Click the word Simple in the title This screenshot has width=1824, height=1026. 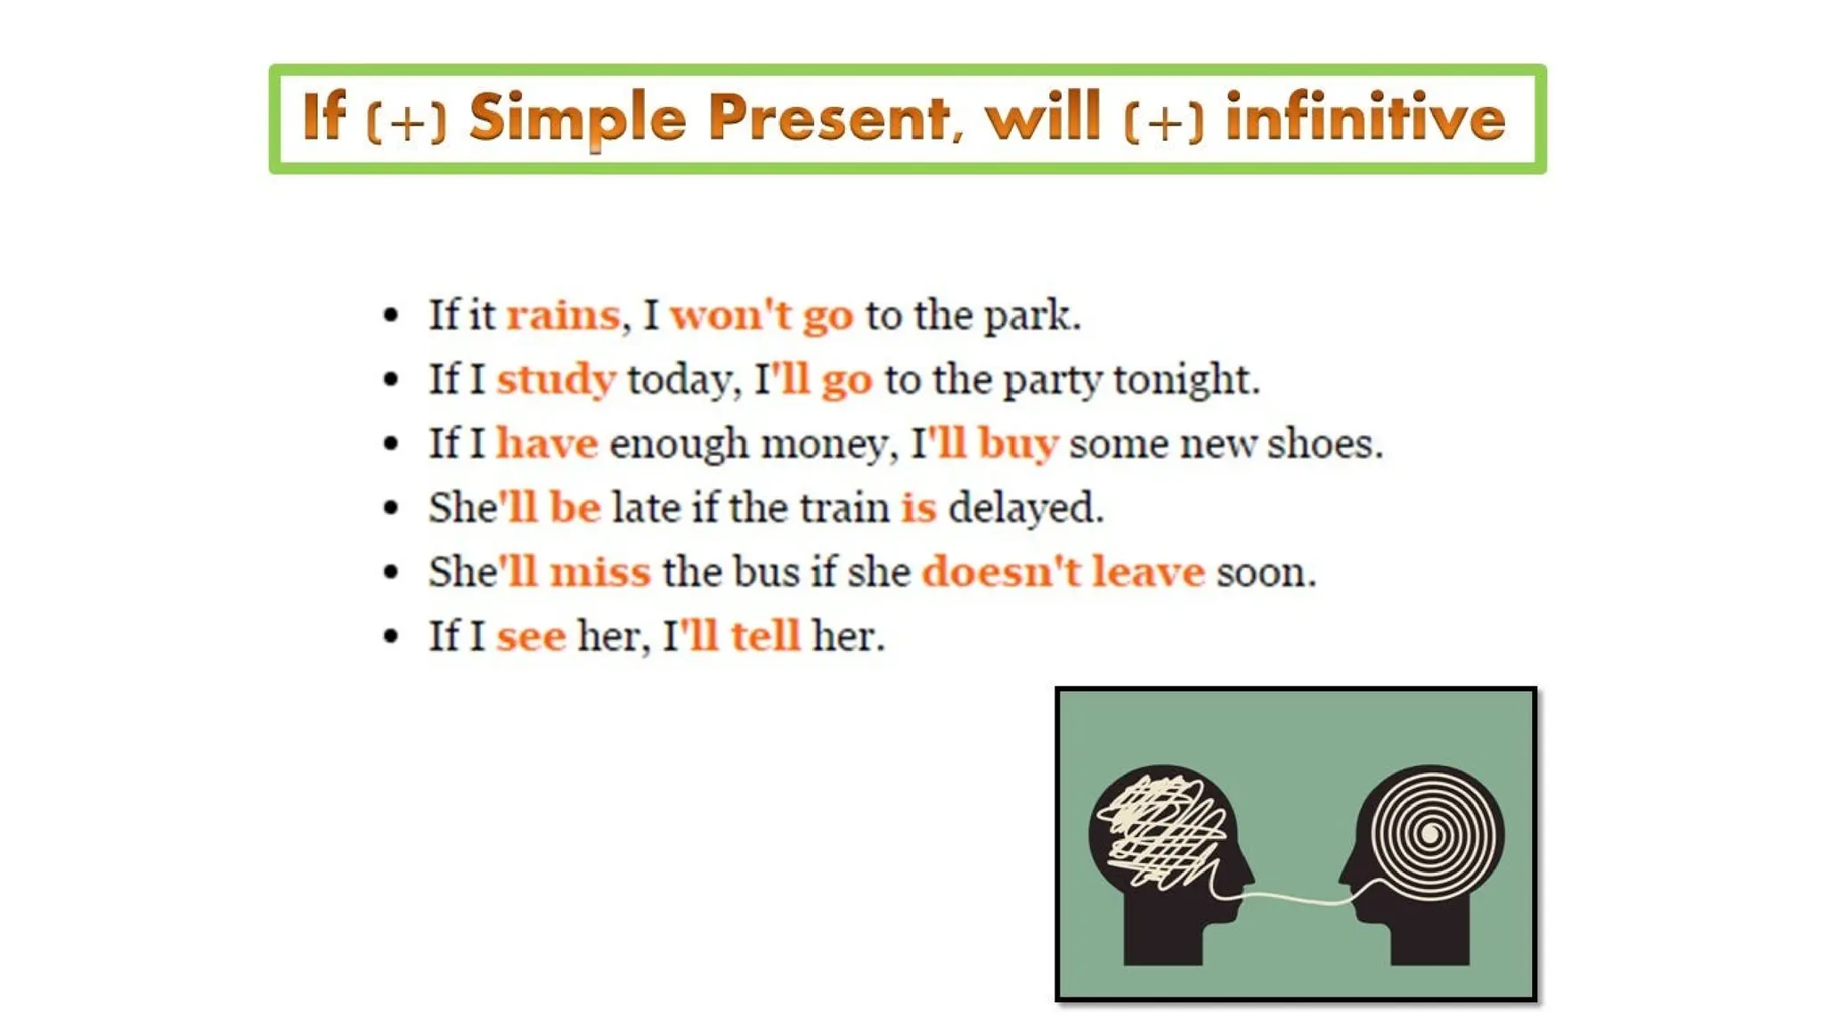tap(577, 118)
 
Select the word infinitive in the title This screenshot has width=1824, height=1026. tap(1365, 118)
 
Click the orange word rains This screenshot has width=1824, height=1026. tap(563, 315)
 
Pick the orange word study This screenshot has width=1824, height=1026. tap(556, 380)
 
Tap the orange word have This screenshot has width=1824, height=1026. tap(547, 444)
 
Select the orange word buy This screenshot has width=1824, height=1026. tap(1018, 444)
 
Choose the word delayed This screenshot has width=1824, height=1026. tap(1024, 508)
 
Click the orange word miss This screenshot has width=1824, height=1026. tap(599, 572)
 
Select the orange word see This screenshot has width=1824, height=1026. tap(531, 636)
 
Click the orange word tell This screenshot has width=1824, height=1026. tap(765, 636)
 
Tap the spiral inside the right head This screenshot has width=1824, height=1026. tap(1430, 834)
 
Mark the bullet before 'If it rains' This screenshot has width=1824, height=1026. tap(390, 315)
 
